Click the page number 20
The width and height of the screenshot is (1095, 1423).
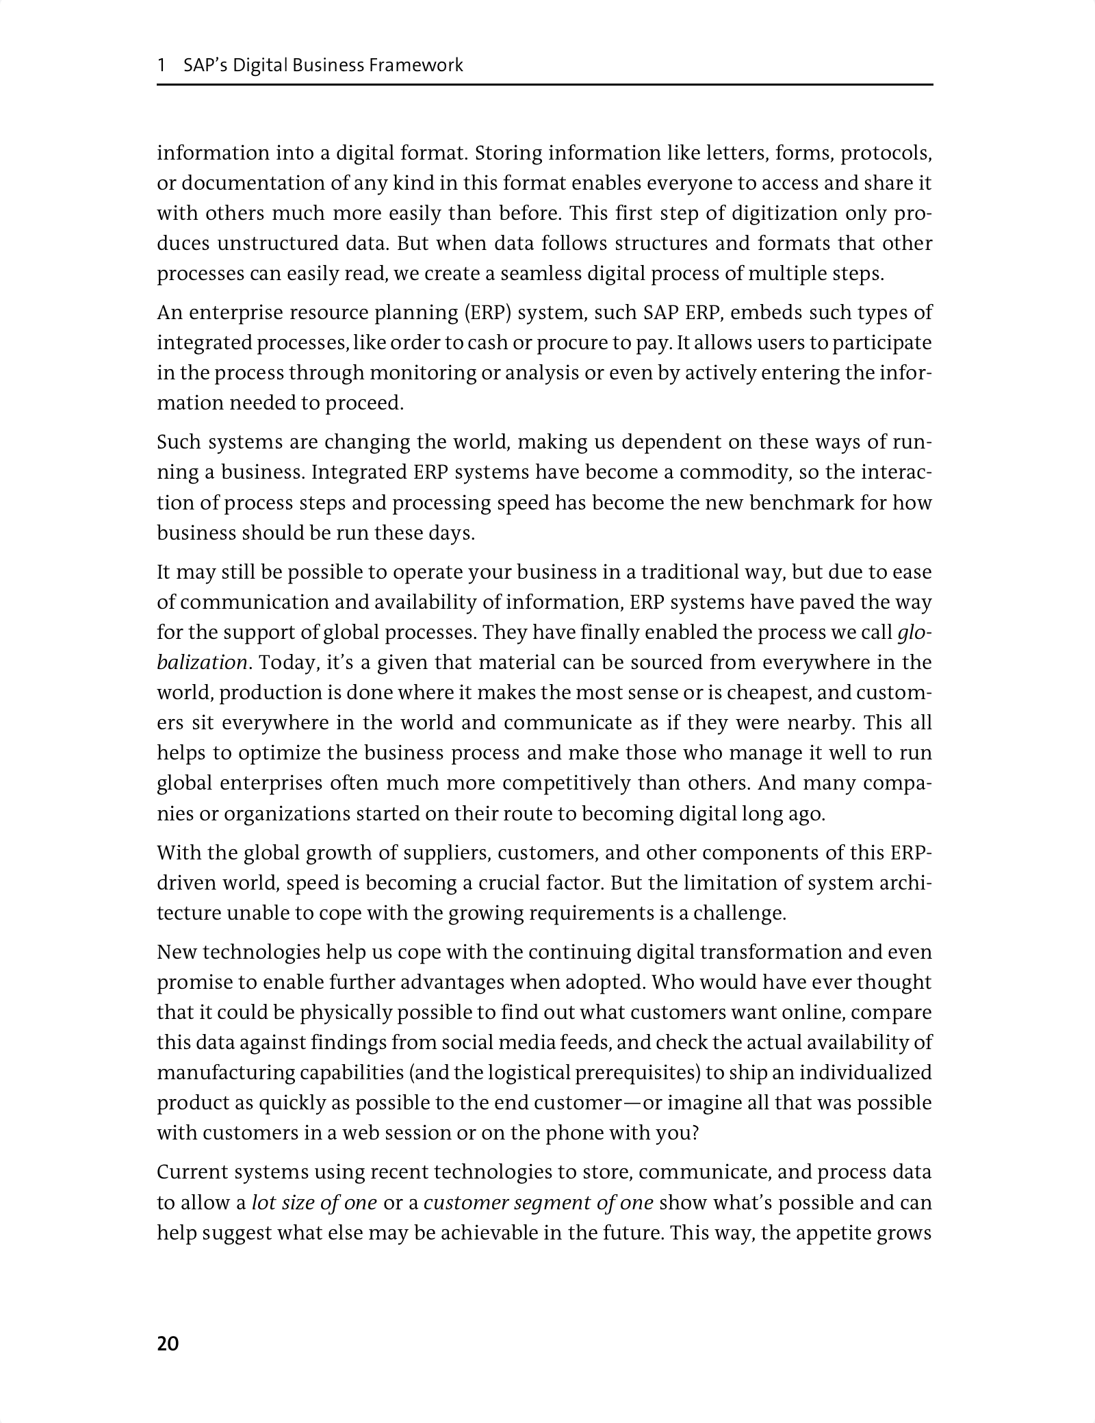[168, 1344]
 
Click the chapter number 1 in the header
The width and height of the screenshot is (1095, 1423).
[162, 66]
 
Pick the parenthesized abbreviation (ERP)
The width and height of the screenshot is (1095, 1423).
[489, 313]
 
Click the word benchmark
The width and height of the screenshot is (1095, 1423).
[803, 503]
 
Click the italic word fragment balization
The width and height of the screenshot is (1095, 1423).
[202, 663]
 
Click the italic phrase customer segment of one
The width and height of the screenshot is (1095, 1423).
[539, 1203]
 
